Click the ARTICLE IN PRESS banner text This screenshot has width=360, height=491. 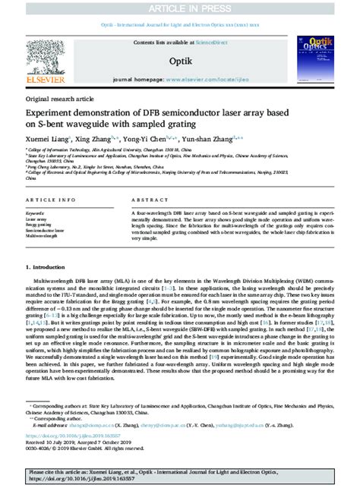tap(180, 8)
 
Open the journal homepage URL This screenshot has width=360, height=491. tap(228, 78)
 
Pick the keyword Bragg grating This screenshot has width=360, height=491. tap(43, 225)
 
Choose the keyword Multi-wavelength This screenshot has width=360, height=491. tap(45, 236)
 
